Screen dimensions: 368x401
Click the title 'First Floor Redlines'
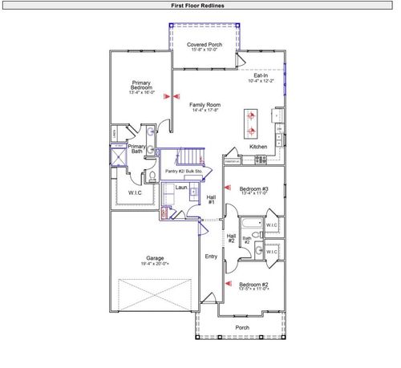point(201,5)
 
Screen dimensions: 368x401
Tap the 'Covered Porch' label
point(204,47)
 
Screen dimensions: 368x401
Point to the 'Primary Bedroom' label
point(141,87)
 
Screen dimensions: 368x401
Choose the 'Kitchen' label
point(258,148)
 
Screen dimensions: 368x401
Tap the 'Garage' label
point(155,260)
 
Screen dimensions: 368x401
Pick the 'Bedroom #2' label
point(253,285)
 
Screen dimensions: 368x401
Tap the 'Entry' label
point(211,257)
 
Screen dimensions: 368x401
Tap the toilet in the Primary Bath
point(152,177)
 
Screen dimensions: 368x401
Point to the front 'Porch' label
point(241,327)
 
